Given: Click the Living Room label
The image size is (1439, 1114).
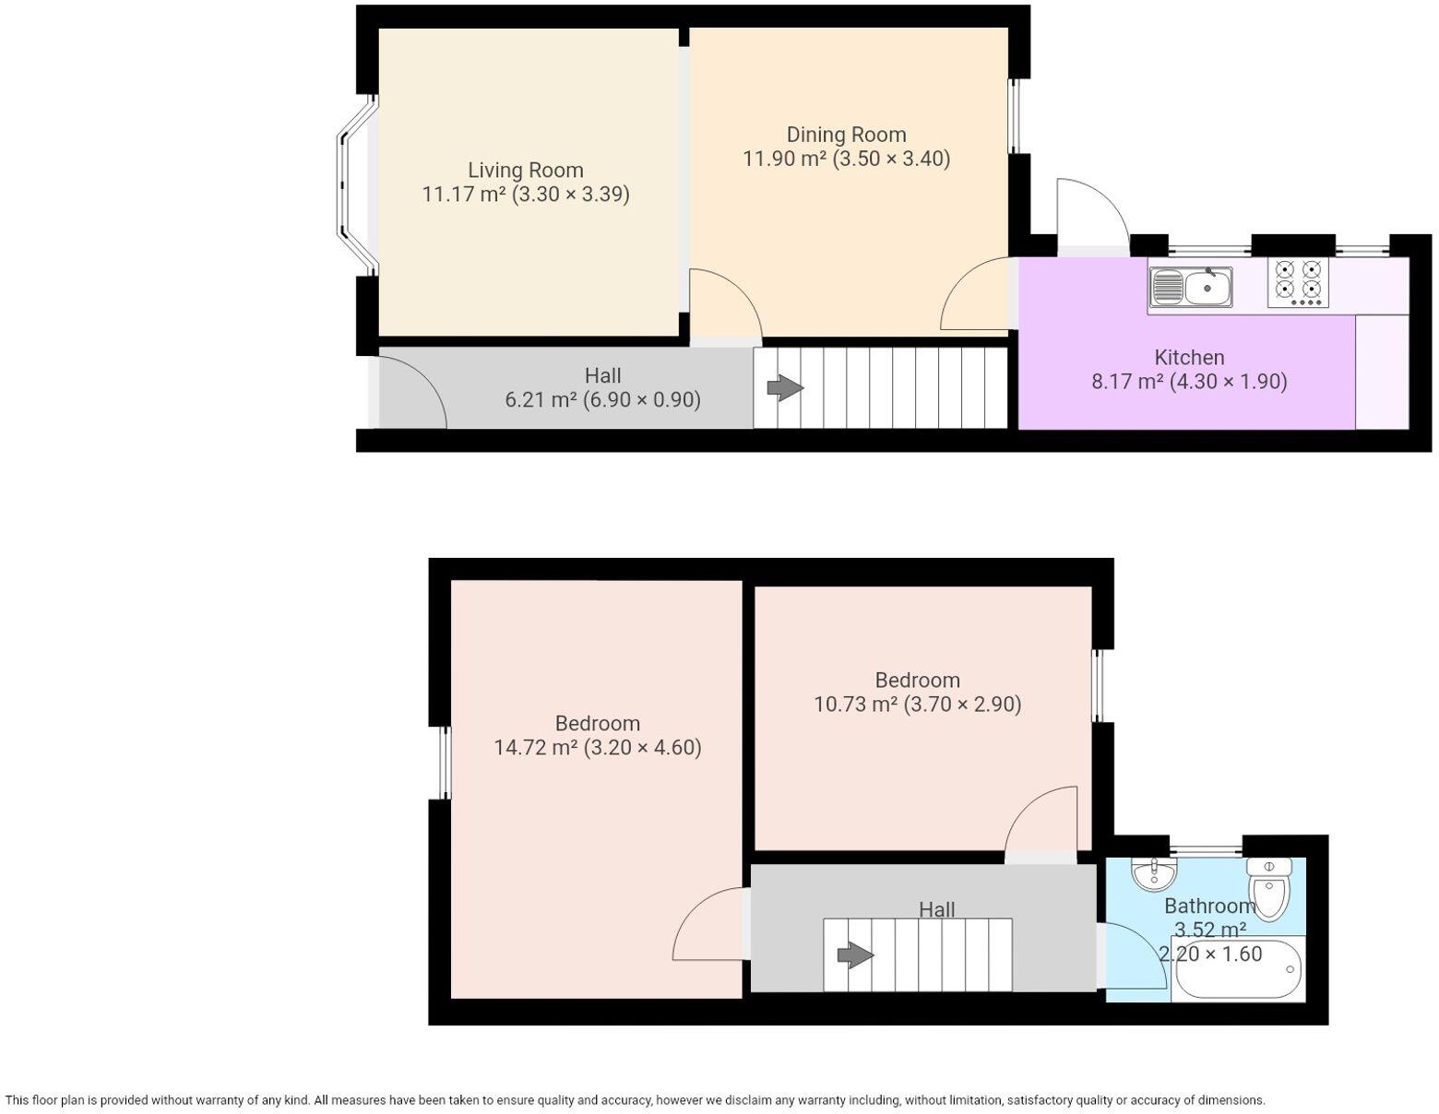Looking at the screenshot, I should pos(525,171).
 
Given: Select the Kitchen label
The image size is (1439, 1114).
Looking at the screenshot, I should pos(1189,358).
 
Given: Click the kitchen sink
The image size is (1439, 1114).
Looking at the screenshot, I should pos(1190,287).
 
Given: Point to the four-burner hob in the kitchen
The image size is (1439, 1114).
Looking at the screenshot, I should pos(1298,282).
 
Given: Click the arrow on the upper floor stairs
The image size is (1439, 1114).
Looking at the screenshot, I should pos(855,955).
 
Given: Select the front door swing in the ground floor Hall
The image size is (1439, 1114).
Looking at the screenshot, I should pos(410,392).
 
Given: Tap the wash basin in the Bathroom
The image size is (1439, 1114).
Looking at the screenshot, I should pos(1153,874).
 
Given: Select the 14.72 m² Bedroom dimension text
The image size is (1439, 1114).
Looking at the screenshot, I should pos(598,748).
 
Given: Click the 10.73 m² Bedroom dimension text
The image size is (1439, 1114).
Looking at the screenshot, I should pos(917,705).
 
